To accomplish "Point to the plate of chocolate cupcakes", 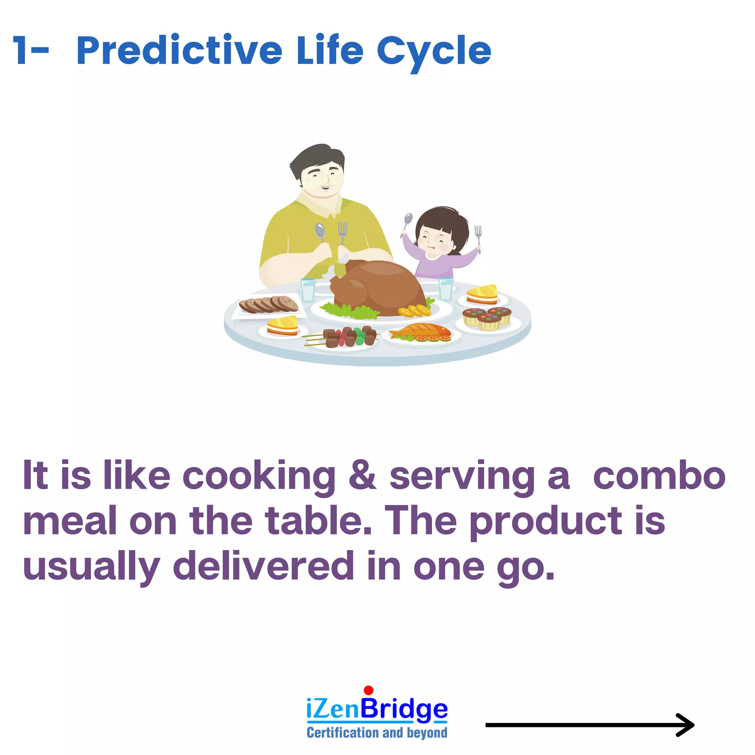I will click(x=487, y=318).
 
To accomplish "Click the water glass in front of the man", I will click(x=308, y=289).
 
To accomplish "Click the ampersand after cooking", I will click(x=362, y=475).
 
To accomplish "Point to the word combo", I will click(x=659, y=476).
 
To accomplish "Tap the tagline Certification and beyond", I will click(x=377, y=733).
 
